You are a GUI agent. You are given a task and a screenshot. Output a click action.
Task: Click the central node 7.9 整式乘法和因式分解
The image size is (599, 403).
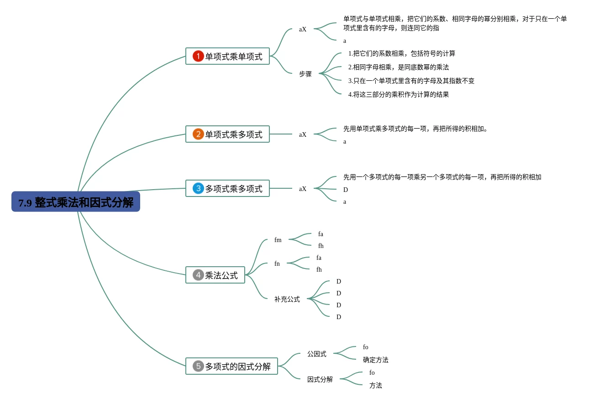(x=76, y=202)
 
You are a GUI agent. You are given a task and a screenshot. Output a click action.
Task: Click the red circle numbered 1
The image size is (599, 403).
(x=198, y=57)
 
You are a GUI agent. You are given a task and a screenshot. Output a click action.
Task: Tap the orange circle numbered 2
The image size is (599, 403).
(x=198, y=134)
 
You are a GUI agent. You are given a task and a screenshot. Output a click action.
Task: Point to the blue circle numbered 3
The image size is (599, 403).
(x=198, y=189)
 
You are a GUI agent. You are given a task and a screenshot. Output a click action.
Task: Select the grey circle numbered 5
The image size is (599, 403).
(x=198, y=367)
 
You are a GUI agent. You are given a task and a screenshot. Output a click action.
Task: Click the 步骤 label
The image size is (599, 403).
(x=305, y=74)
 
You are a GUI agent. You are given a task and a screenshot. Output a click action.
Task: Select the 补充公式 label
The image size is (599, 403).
(x=287, y=300)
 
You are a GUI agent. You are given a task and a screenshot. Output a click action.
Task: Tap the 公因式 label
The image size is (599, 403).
(x=317, y=354)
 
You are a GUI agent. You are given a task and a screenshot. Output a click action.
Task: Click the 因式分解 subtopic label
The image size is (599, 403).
(x=320, y=380)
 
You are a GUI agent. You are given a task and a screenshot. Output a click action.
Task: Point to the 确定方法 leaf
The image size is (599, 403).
(x=376, y=360)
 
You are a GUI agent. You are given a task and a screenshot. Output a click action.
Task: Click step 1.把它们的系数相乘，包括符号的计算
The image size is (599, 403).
(x=402, y=54)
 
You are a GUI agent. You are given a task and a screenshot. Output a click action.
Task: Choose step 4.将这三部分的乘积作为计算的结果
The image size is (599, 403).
(x=399, y=95)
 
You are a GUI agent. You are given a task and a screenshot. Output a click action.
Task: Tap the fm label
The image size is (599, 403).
(x=278, y=240)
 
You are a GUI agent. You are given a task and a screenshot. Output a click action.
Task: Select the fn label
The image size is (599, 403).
(x=277, y=264)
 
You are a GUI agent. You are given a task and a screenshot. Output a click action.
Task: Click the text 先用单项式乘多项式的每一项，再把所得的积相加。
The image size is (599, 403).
(x=415, y=129)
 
